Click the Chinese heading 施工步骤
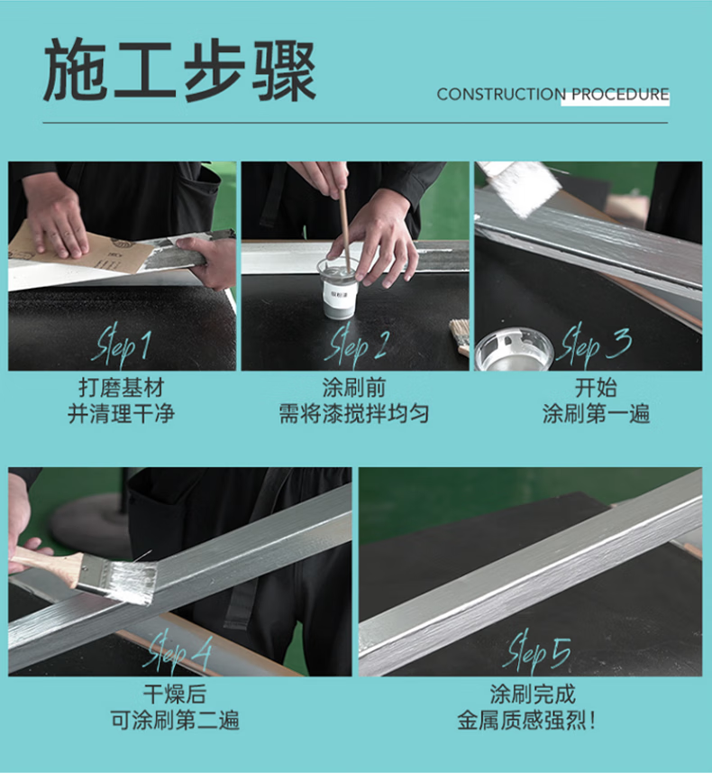coord(180,71)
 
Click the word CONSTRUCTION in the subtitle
coord(501,95)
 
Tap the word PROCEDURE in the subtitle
coord(620,95)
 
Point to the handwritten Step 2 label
coord(356,345)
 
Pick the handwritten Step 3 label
coord(596,345)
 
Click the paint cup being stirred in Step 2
coord(337,290)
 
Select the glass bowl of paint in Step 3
coord(515,349)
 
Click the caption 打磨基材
coord(122,388)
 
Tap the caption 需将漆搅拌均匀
coord(354,413)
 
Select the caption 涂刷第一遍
coord(596,413)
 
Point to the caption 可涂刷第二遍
coord(175,720)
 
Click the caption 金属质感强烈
coord(521,720)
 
